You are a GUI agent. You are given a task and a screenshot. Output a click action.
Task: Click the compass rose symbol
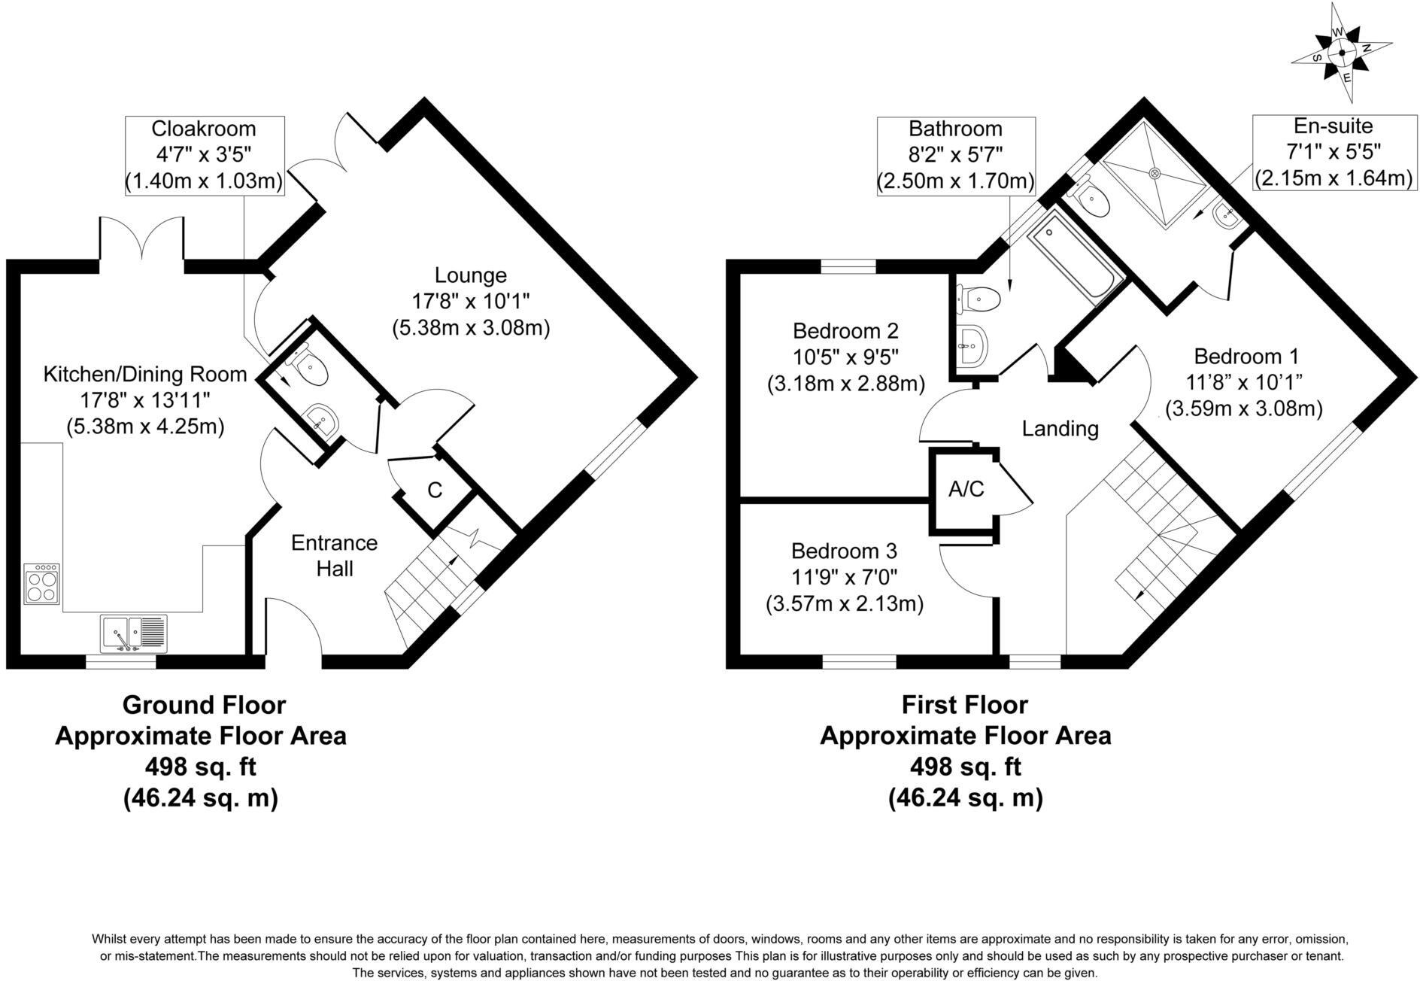pos(1343,53)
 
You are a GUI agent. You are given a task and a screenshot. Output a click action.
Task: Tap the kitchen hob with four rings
pos(41,584)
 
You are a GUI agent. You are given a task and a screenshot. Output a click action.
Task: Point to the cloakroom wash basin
pos(322,418)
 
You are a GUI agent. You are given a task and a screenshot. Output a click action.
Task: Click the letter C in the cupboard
pos(435,490)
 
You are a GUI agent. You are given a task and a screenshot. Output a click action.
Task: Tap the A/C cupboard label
pos(966,490)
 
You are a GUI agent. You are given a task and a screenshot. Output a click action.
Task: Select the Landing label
pos(1060,429)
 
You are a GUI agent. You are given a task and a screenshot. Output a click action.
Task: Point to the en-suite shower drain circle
pos(1156,172)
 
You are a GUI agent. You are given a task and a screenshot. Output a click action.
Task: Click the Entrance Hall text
pos(335,555)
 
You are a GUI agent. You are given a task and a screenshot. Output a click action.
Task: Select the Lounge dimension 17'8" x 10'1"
pos(471,302)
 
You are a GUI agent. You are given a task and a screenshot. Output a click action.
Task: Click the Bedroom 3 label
pos(844,551)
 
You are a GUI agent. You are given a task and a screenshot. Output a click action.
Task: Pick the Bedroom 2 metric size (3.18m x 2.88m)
pos(845,384)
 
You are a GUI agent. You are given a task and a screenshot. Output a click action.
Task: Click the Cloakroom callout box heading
pos(204,129)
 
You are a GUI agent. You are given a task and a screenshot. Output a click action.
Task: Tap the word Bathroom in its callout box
pos(955,129)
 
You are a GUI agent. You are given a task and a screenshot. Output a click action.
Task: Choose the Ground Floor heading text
pos(204,705)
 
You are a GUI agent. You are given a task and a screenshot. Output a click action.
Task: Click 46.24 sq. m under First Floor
pos(965,797)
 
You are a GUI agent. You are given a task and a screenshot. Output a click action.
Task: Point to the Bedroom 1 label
pos(1246,356)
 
